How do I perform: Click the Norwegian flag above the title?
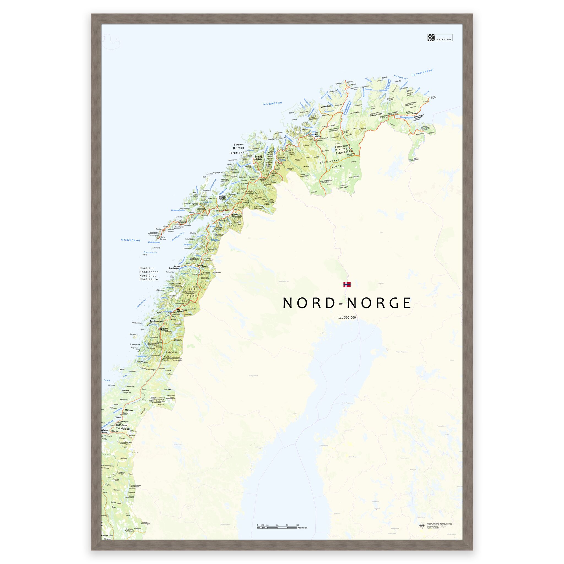click(x=347, y=285)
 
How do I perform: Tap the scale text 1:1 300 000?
click(x=347, y=318)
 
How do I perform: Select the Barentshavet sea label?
click(x=422, y=72)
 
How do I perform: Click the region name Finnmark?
click(x=342, y=145)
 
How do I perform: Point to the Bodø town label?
click(x=177, y=266)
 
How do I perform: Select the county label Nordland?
click(x=147, y=268)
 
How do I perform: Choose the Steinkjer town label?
click(x=129, y=410)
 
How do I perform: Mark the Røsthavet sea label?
click(x=150, y=253)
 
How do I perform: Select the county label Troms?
click(x=238, y=144)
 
